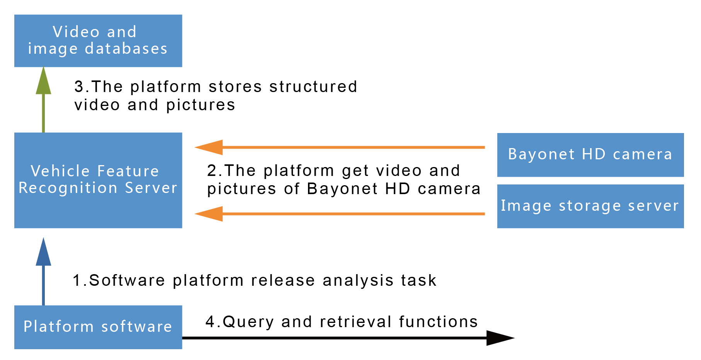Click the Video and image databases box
pyautogui.click(x=98, y=41)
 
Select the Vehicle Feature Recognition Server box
pyautogui.click(x=98, y=180)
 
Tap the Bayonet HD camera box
pyautogui.click(x=590, y=155)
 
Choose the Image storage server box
pyautogui.click(x=590, y=206)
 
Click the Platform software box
pyautogui.click(x=98, y=327)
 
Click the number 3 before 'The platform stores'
pyautogui.click(x=79, y=87)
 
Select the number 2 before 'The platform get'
pyautogui.click(x=212, y=171)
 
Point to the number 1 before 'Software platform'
pyautogui.click(x=77, y=280)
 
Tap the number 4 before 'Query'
pyautogui.click(x=210, y=322)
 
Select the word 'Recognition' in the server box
pyautogui.click(x=68, y=188)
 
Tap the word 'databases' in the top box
pyautogui.click(x=126, y=49)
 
